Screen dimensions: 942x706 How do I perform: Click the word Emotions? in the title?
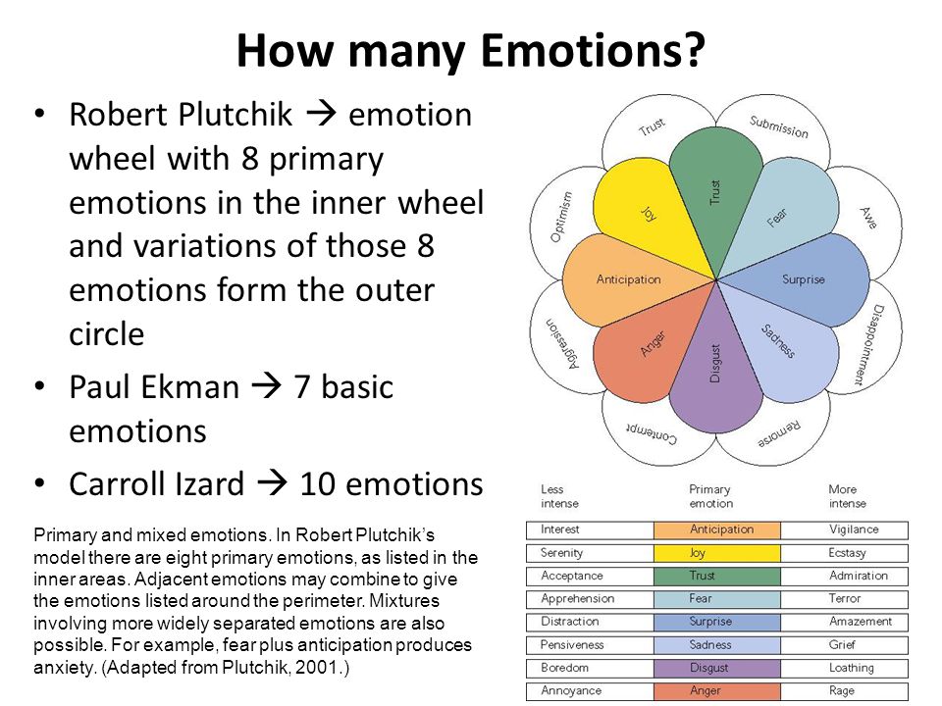click(x=593, y=50)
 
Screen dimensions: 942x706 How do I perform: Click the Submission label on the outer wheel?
click(x=778, y=126)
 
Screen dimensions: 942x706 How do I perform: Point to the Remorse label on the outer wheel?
click(x=779, y=433)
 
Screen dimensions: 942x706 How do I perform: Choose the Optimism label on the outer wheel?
click(x=561, y=217)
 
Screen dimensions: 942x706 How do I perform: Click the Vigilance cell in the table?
click(x=845, y=529)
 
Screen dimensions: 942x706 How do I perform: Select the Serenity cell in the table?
click(x=590, y=552)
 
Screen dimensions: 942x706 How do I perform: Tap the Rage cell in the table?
click(x=845, y=690)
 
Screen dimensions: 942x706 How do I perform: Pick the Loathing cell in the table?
click(x=845, y=668)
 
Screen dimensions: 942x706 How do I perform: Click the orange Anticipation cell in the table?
click(x=717, y=529)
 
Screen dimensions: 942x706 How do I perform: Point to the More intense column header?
click(x=847, y=496)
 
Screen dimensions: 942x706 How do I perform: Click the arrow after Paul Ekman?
click(x=266, y=386)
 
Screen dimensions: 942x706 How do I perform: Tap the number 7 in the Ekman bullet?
click(x=301, y=386)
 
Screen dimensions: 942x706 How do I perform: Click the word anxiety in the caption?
click(x=63, y=668)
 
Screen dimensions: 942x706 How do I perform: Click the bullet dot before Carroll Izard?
click(x=39, y=482)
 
